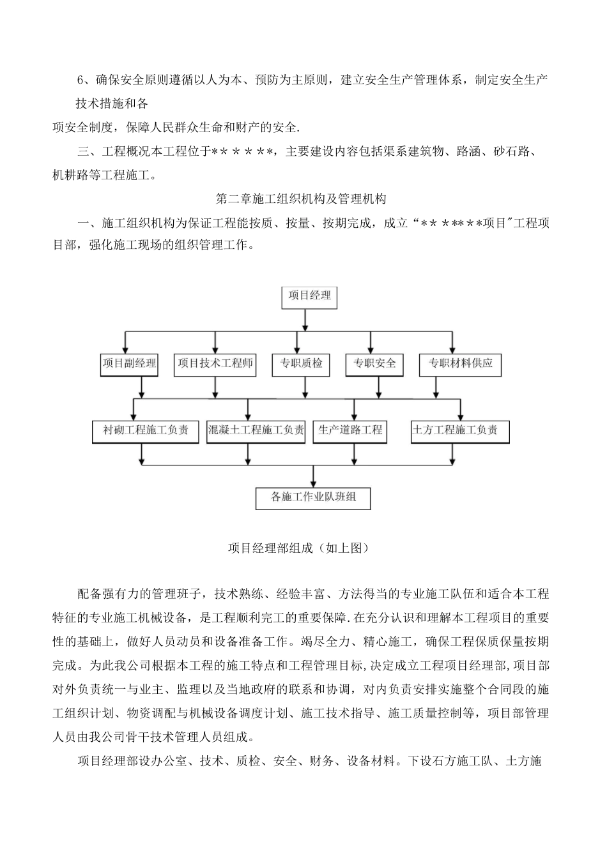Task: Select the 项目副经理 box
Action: pos(129,364)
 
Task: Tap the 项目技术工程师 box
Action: pos(215,364)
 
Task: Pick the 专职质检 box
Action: pos(301,364)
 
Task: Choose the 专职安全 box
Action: pos(374,364)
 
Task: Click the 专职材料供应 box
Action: pos(460,364)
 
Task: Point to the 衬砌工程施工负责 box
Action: pos(146,431)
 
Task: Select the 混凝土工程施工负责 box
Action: pos(256,431)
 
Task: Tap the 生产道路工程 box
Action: pos(351,431)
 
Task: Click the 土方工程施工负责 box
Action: pos(459,431)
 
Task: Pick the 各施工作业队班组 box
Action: pos(313,497)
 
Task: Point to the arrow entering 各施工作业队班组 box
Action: pos(313,476)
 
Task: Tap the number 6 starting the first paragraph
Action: pos(81,80)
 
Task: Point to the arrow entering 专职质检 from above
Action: pos(296,343)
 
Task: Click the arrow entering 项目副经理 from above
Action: pos(126,343)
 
